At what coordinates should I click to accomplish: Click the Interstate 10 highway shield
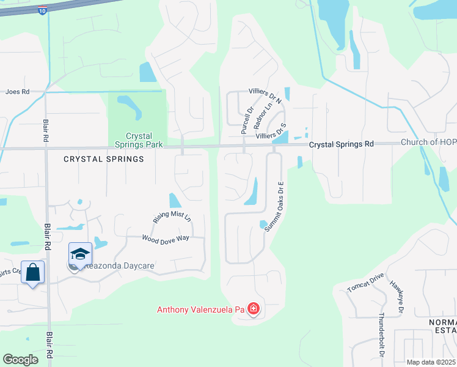40,10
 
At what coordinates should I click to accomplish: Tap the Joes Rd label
17,92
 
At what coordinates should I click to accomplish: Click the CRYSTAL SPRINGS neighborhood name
104,159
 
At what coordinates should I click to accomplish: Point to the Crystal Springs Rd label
341,144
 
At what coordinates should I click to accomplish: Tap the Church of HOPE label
428,143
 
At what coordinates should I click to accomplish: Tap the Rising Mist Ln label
172,217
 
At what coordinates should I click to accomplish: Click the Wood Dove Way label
166,238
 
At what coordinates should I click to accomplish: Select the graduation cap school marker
80,253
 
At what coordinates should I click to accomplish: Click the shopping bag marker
33,272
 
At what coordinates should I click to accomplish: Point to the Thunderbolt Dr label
381,335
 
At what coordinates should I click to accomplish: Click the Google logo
20,360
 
